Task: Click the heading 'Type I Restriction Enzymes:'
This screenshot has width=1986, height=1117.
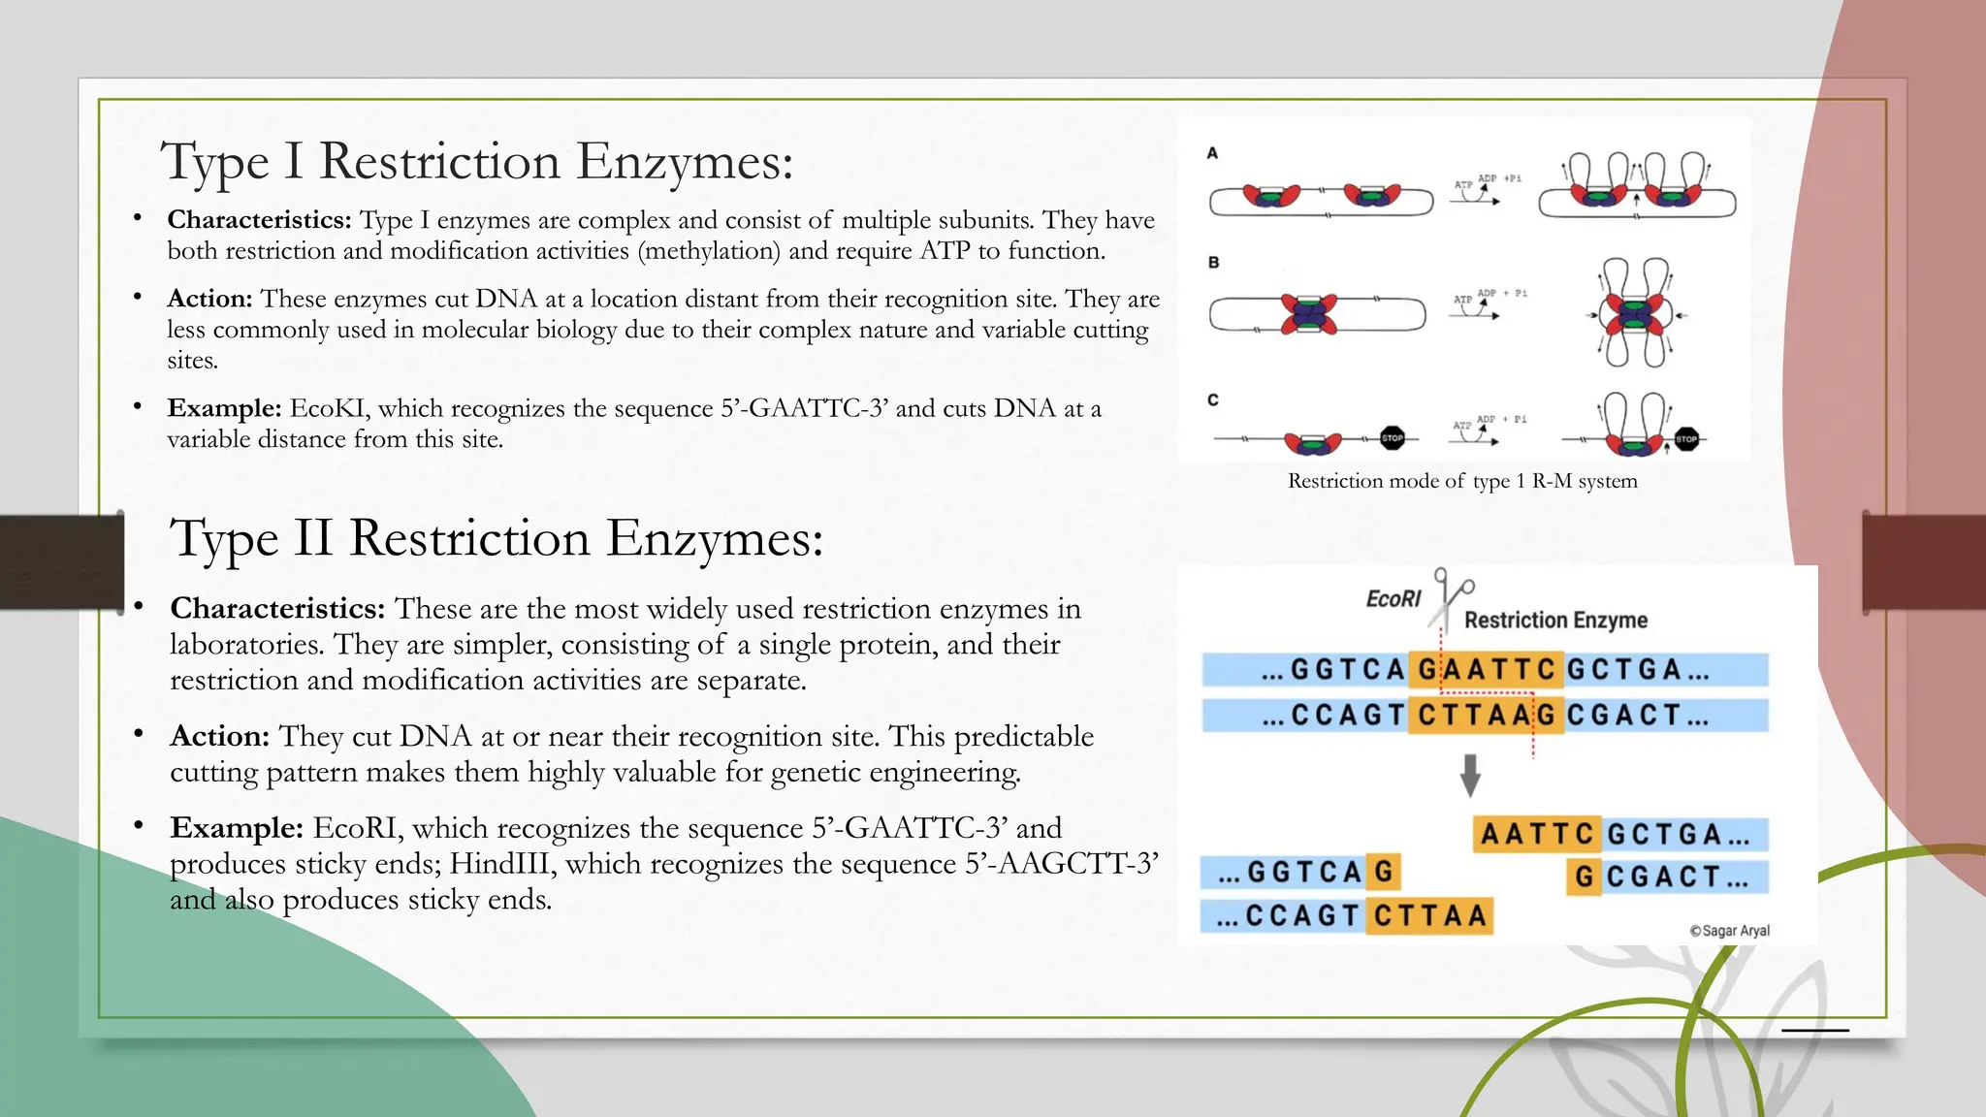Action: click(x=477, y=161)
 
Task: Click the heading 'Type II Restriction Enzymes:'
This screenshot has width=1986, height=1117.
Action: click(x=496, y=538)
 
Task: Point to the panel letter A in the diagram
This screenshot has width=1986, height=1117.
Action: click(x=1212, y=153)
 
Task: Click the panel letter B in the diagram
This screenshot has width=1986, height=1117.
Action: click(x=1213, y=263)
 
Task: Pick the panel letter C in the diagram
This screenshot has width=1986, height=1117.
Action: click(x=1213, y=399)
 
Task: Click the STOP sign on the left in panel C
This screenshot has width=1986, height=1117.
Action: click(x=1393, y=438)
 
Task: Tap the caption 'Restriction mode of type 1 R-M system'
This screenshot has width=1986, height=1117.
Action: click(x=1462, y=481)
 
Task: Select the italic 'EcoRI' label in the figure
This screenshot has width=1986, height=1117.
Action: click(x=1393, y=599)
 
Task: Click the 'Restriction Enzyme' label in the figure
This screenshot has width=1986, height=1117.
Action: click(x=1555, y=621)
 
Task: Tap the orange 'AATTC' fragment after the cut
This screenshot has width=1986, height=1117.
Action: click(x=1537, y=834)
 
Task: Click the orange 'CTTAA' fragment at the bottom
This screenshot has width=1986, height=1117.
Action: click(x=1429, y=915)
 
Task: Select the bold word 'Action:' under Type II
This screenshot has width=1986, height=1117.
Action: click(x=219, y=736)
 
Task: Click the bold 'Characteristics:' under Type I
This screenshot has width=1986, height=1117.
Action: click(x=259, y=220)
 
